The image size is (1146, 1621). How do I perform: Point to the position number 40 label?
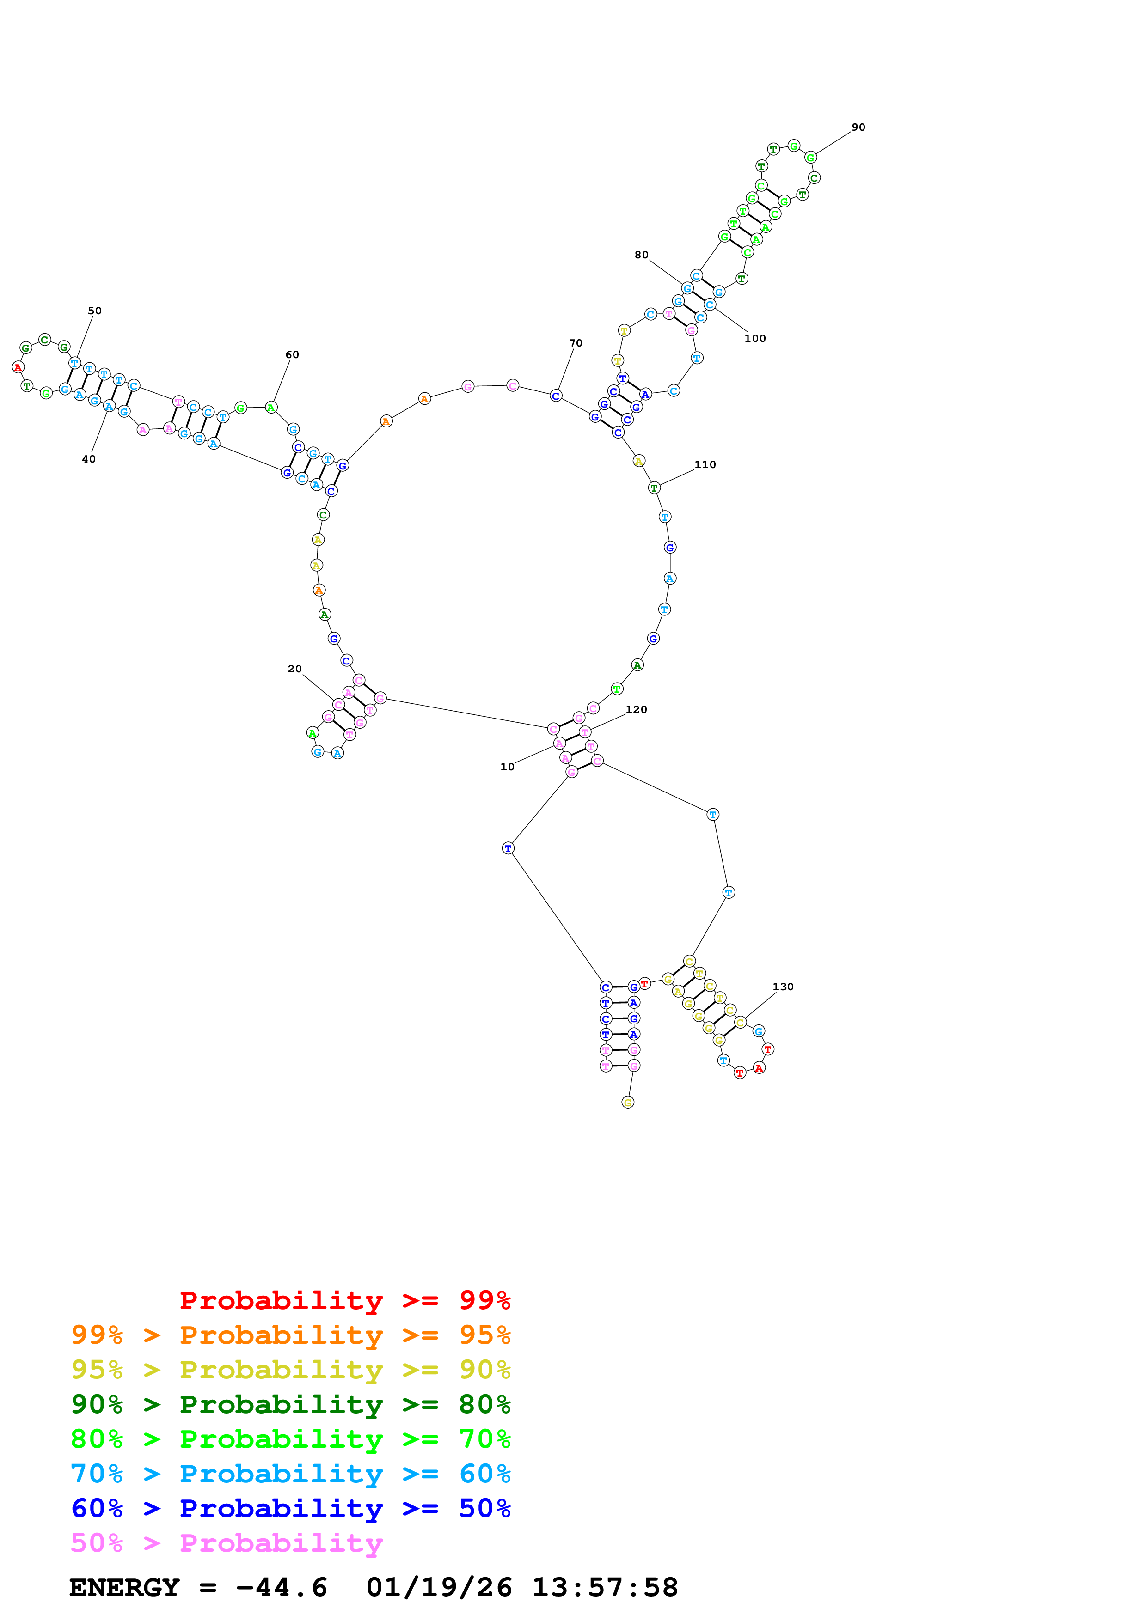point(89,459)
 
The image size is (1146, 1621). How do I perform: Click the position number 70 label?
point(576,343)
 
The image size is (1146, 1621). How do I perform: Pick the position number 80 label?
point(641,255)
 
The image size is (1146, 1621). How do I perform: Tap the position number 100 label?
point(755,339)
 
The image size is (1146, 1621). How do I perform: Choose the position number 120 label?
point(636,710)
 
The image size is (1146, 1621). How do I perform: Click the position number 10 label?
point(507,767)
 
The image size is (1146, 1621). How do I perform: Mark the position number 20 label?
point(294,669)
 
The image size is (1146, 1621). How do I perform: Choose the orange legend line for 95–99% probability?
point(290,1335)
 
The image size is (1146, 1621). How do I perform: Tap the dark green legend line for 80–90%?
point(290,1404)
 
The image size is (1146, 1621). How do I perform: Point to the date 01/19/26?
point(439,1587)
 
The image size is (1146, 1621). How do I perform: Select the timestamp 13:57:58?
point(604,1587)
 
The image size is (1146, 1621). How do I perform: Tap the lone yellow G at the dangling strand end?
point(628,1102)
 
